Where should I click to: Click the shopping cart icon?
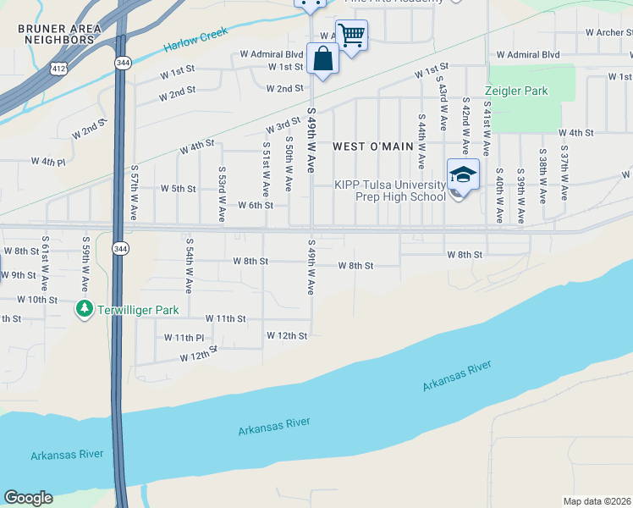coord(351,36)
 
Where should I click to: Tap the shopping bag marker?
coord(322,59)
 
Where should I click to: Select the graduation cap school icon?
coord(463,175)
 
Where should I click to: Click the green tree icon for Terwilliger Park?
coord(84,310)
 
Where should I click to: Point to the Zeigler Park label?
coord(516,91)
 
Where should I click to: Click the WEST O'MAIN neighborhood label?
coord(372,146)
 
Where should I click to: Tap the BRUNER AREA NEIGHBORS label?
coord(59,34)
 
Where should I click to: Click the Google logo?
coord(28,498)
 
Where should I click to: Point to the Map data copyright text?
coord(596,501)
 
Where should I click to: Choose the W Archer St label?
coord(609,33)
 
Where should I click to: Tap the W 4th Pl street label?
coord(47,161)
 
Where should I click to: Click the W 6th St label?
coord(255,205)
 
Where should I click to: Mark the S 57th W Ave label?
coord(134,193)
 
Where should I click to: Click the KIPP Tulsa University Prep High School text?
coord(389,191)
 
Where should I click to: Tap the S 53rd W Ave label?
coord(221,194)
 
